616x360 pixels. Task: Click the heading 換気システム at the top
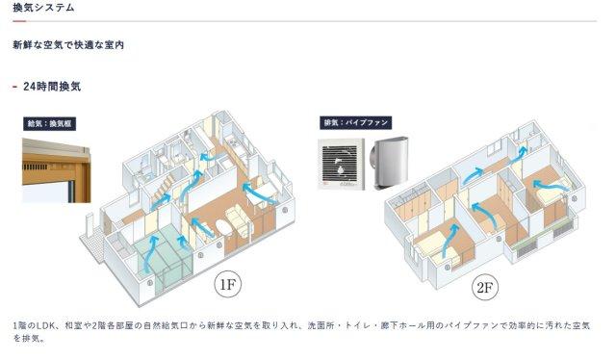click(43, 8)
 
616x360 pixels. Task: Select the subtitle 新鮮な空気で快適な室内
click(68, 45)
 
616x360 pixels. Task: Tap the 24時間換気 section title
click(52, 87)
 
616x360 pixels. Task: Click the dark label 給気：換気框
click(49, 124)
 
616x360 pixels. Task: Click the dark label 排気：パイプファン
click(355, 122)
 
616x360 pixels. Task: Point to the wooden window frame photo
click(57, 170)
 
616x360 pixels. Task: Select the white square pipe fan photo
click(341, 165)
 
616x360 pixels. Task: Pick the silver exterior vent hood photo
click(390, 163)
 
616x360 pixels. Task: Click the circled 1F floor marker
click(228, 284)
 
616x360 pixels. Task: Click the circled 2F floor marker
click(485, 288)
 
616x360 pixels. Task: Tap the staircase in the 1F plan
click(162, 188)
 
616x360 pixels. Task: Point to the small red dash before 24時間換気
click(15, 87)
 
